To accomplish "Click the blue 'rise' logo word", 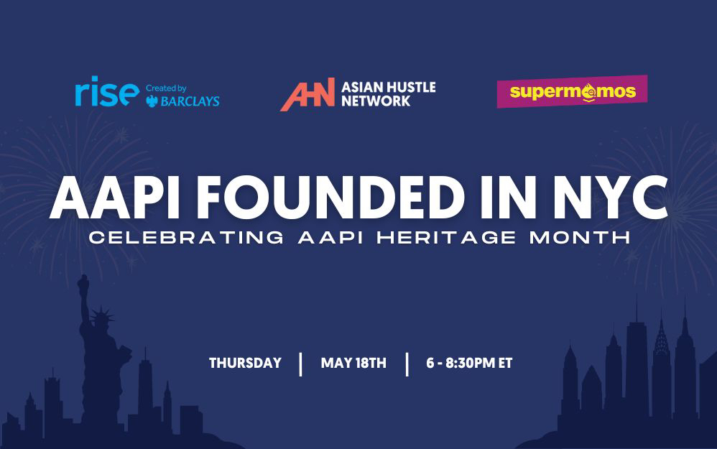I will coord(106,93).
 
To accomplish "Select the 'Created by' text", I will coord(166,88).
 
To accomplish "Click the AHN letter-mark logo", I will coord(307,95).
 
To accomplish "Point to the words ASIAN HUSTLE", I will coord(388,87).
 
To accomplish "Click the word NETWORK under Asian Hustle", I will coord(376,101).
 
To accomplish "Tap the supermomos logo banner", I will coord(572,92).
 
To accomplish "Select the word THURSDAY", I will coord(245,363).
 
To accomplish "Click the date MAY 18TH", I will coord(353,363).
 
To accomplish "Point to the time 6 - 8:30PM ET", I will coord(469,363).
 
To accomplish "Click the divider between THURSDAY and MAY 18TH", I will coord(300,364).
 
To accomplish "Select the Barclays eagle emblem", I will coord(152,101).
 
